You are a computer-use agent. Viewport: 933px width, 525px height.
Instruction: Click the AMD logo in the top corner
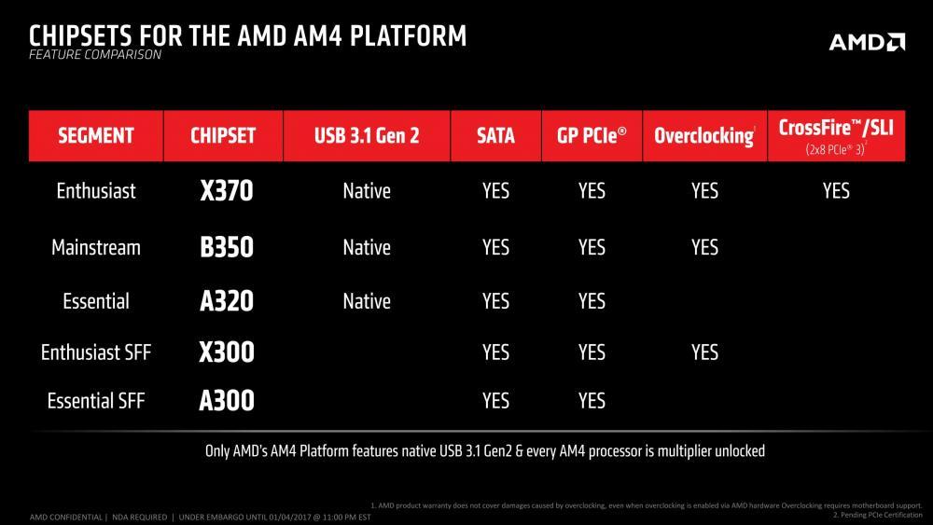867,42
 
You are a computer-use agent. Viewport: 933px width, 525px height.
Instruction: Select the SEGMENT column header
96,135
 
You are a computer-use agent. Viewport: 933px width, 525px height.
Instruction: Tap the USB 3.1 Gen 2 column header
367,135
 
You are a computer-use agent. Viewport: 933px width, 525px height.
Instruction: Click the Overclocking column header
704,135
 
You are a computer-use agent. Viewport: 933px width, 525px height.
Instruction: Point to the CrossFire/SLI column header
836,135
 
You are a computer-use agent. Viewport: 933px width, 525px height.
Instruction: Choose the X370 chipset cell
227,191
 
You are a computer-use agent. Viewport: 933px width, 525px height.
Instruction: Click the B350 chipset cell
227,247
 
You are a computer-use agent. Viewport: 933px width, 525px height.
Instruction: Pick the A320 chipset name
227,301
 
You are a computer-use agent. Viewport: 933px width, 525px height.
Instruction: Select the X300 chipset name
227,352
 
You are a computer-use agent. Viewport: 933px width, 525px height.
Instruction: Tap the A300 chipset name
227,400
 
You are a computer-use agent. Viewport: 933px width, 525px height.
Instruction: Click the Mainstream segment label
96,247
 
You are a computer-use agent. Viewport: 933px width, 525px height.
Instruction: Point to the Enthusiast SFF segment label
96,352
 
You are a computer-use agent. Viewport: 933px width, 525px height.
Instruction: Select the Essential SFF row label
96,401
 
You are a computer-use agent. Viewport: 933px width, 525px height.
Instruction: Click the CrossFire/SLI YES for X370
836,191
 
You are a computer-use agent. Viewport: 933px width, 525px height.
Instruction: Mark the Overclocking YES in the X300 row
704,352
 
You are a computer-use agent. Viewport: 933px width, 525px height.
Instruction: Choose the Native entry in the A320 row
367,301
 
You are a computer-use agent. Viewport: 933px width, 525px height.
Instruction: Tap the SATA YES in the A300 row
495,401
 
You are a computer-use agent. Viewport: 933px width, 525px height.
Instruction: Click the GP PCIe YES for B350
592,247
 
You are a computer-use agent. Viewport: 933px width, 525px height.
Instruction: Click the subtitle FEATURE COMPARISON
95,55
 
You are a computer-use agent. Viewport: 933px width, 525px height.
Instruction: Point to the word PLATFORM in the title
409,36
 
